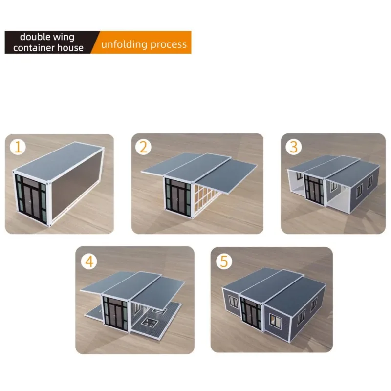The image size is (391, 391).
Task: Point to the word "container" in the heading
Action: (35, 48)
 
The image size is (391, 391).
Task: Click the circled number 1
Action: (18, 147)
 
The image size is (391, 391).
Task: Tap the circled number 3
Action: (294, 147)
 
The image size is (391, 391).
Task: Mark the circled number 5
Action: (224, 261)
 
